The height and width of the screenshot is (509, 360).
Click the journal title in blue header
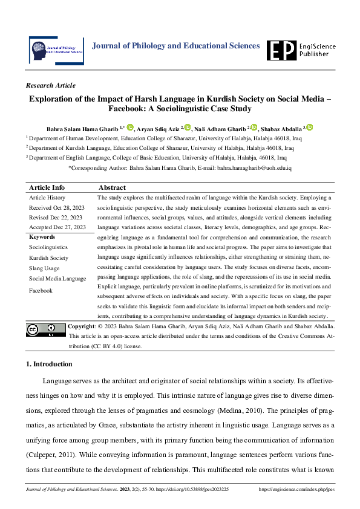pos(175,46)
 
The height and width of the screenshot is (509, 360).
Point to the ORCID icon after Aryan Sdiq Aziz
pos(188,128)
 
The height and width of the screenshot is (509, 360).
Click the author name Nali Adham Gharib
pos(220,129)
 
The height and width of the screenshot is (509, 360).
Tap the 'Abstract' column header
pos(111,187)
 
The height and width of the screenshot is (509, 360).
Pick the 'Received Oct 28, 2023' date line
pos(57,207)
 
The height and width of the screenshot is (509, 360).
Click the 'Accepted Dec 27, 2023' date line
pos(57,227)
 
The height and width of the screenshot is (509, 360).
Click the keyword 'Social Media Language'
pos(57,279)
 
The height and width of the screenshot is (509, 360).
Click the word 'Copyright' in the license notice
pos(82,326)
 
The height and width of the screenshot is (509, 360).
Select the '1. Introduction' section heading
pos(49,364)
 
